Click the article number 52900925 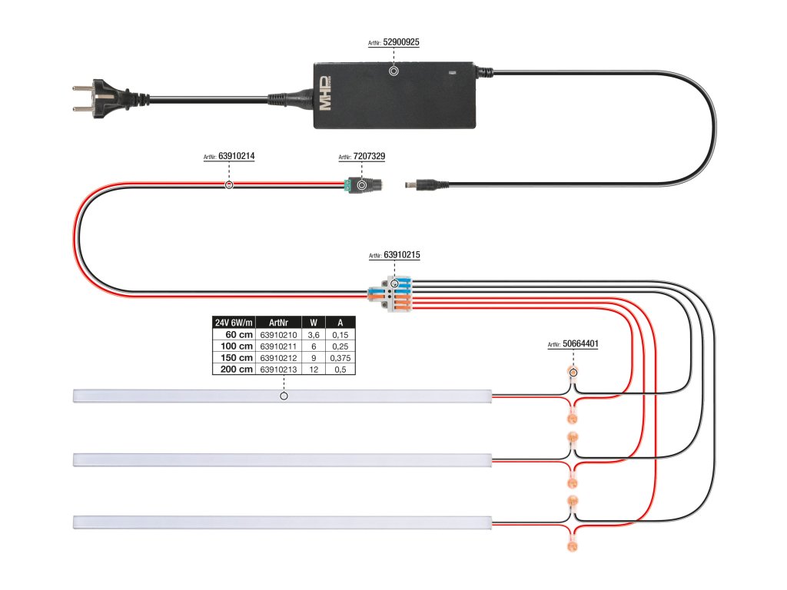pos(401,42)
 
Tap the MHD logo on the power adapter pos(325,93)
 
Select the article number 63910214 pos(237,156)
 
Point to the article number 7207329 pos(369,156)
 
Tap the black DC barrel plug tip pos(408,185)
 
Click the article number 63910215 pos(401,255)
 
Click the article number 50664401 pos(580,343)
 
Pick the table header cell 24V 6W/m pos(234,323)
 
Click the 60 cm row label pos(239,335)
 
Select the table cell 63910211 pos(278,346)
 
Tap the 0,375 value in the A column pos(340,358)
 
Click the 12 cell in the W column pos(314,370)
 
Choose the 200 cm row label pos(237,370)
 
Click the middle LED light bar pos(283,460)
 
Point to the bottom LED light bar pos(283,522)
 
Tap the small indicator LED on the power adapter pos(452,72)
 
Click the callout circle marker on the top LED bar pos(284,396)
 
